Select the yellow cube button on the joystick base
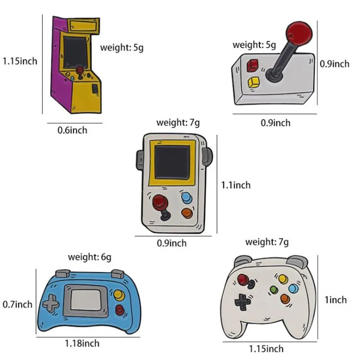point(253,83)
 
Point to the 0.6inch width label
point(72,130)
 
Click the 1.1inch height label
point(235,185)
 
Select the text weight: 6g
point(90,257)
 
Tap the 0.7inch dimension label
point(18,304)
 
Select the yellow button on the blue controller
point(119,295)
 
